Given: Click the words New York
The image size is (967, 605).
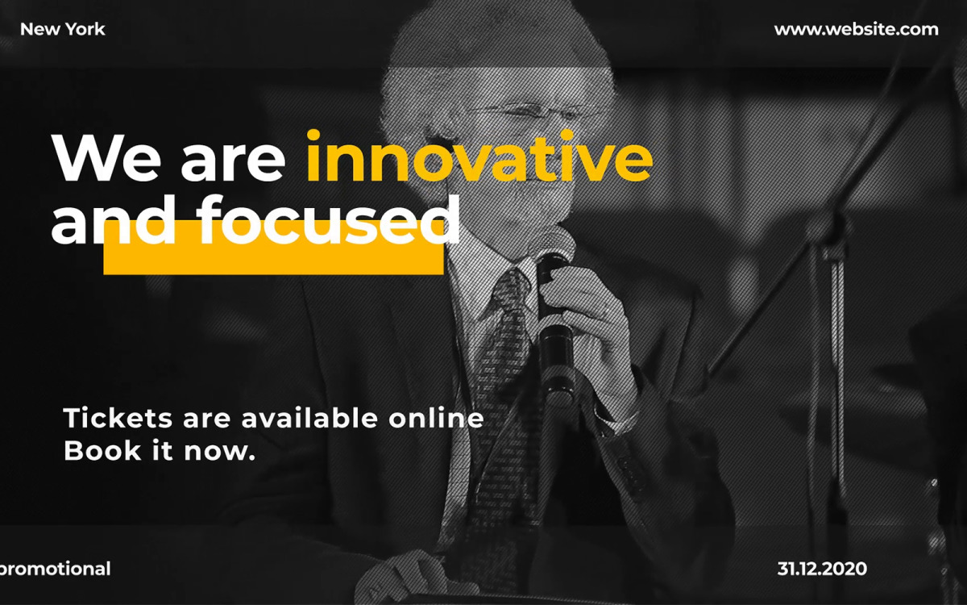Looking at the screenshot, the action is click(63, 29).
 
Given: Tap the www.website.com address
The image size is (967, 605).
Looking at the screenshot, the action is click(856, 29).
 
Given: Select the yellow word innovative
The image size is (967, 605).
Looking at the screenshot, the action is click(479, 156).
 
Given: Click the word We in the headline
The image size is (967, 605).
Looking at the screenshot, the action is click(106, 157).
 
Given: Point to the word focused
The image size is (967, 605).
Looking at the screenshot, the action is click(329, 219).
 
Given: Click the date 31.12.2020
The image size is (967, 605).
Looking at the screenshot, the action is click(822, 569).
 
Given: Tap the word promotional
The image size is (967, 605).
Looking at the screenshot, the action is click(55, 570).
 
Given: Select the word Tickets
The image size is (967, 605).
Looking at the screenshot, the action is click(118, 418).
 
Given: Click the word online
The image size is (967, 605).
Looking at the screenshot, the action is click(436, 418).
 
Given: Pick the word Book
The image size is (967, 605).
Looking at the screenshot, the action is click(102, 451).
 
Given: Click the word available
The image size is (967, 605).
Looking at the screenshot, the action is click(309, 418).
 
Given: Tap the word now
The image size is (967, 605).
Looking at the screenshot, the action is click(220, 452).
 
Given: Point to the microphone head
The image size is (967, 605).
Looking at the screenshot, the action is click(556, 246).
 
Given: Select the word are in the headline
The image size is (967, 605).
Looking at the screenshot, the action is click(233, 163).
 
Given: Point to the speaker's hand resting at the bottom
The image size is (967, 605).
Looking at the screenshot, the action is click(414, 577).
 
